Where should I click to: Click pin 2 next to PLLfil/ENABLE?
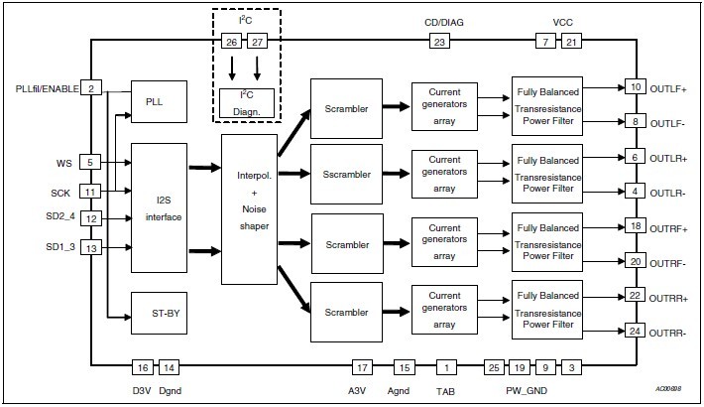[90, 88]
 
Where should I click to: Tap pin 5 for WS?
[90, 162]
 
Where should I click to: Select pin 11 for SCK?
[90, 191]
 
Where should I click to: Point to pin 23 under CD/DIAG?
[438, 41]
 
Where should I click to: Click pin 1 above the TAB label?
[447, 367]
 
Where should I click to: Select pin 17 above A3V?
[363, 367]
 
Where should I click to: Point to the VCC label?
[562, 22]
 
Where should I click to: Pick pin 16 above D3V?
[144, 367]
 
